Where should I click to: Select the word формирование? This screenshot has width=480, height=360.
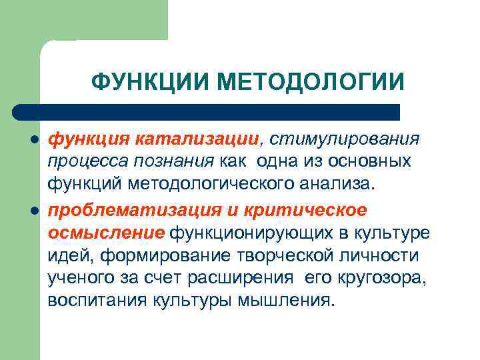pos(153,255)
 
